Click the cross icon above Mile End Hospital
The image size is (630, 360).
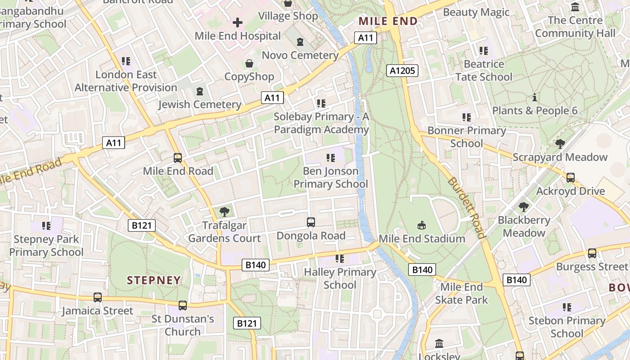pos(238,22)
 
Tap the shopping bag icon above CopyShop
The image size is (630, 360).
pos(249,63)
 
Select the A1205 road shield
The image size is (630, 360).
pos(402,70)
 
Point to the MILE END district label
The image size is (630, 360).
pos(388,21)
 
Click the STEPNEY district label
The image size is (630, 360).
pos(153,280)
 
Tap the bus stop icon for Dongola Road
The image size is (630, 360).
pos(310,222)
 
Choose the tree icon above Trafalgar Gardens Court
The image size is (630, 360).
pos(224,211)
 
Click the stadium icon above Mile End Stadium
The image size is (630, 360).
pos(422,225)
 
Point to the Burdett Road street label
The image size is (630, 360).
pos(466,207)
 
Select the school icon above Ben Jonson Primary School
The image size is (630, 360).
pos(331,157)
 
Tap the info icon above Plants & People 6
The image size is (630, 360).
pos(535,97)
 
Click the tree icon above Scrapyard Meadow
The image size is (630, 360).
pos(560,144)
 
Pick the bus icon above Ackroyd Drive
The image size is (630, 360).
pos(570,177)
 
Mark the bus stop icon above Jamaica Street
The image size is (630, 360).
pos(98,297)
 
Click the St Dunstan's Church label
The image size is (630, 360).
pos(183,325)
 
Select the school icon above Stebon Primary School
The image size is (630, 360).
pos(567,307)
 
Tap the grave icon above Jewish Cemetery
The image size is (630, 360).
pos(199,91)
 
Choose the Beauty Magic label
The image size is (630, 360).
pos(476,12)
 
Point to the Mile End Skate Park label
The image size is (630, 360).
pos(461,293)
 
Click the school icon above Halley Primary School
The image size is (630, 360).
pos(340,258)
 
